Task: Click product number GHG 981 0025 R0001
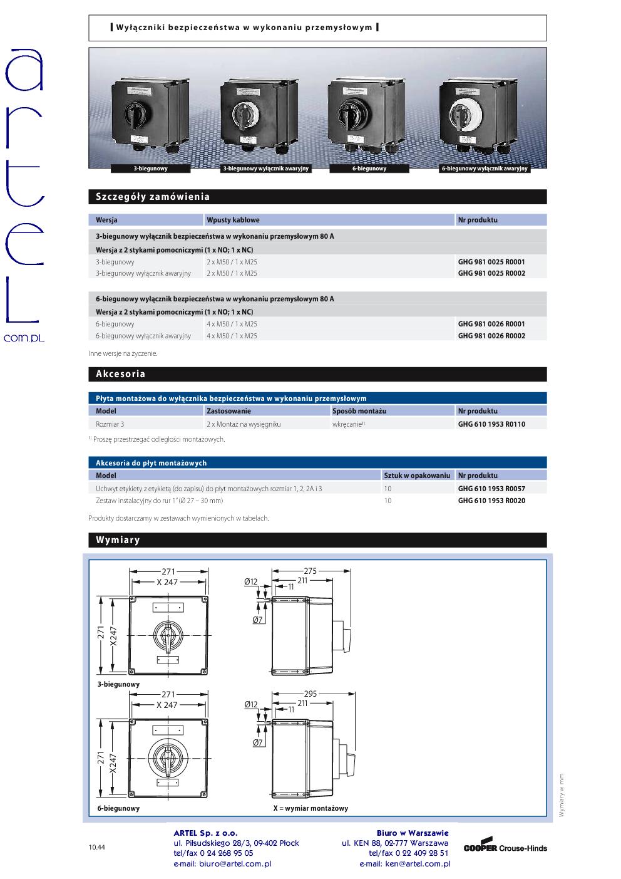point(491,262)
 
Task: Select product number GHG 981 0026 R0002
point(491,336)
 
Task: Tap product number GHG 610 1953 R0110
point(491,424)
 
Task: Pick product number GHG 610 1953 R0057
point(491,489)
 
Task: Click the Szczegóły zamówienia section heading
point(152,197)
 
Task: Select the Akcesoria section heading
point(120,374)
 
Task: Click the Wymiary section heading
point(118,540)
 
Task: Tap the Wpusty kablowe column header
point(233,220)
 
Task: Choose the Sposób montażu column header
point(359,411)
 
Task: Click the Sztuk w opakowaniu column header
point(417,476)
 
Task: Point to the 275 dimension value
point(310,571)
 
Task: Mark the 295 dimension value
point(310,694)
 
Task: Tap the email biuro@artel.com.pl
point(222,864)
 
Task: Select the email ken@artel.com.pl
point(404,864)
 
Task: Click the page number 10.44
point(96,848)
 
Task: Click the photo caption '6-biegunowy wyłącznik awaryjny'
point(485,169)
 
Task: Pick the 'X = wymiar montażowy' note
point(310,808)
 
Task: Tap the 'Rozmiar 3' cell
point(110,424)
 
